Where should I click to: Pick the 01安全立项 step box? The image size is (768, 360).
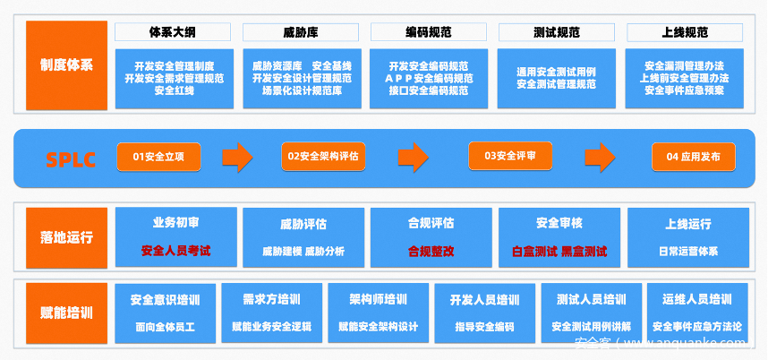(x=158, y=157)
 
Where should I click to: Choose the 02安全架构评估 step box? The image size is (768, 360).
(x=322, y=157)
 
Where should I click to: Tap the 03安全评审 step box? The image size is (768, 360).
(x=509, y=156)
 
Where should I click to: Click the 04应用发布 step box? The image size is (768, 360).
(x=694, y=157)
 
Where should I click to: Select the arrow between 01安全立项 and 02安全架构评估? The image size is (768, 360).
(x=236, y=157)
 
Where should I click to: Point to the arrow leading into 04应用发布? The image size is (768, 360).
(x=600, y=157)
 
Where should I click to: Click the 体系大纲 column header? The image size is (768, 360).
(x=172, y=32)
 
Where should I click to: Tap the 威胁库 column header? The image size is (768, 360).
(x=300, y=32)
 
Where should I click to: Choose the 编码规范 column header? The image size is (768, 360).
(x=428, y=32)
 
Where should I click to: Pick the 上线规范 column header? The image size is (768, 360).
(x=685, y=32)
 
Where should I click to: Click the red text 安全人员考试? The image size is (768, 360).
(x=175, y=251)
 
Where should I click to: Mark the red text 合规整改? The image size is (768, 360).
(x=431, y=251)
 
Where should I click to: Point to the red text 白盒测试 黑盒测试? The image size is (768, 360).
(x=559, y=251)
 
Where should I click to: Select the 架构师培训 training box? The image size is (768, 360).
(x=378, y=299)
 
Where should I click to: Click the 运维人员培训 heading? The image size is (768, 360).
(x=697, y=299)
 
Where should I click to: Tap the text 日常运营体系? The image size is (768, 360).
(x=687, y=251)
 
